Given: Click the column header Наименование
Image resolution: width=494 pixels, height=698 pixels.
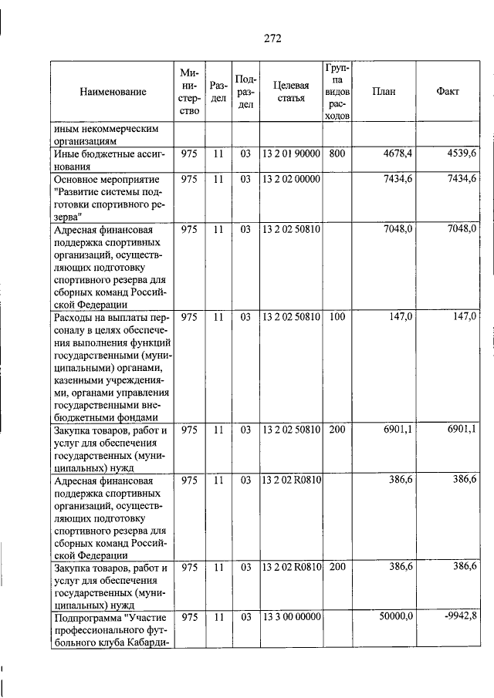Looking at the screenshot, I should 113,92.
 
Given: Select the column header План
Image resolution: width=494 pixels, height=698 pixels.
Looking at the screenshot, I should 384,92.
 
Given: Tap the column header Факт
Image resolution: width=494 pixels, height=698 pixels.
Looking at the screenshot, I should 448,92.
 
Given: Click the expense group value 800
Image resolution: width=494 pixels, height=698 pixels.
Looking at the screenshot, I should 337,153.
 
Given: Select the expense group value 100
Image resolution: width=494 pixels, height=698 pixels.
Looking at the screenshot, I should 337,316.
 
